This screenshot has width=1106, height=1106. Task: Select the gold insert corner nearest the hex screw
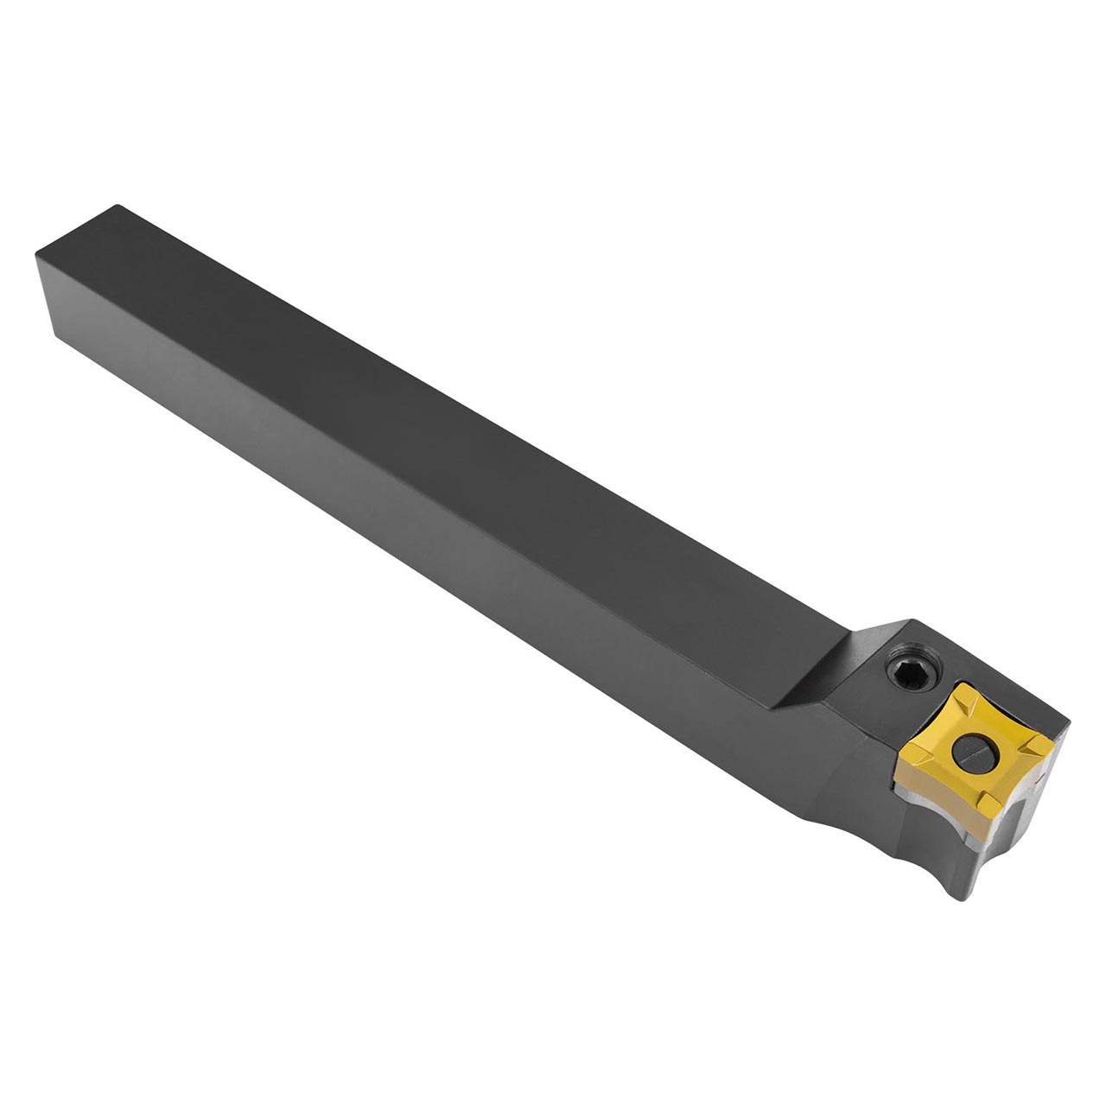click(x=962, y=690)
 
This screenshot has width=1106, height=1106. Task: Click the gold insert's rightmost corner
click(x=1052, y=741)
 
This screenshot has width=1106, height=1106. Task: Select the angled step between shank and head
click(x=812, y=683)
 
